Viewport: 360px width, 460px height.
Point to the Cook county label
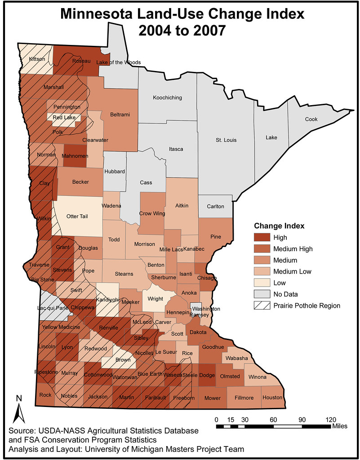(311, 119)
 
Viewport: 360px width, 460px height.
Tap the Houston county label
(272, 398)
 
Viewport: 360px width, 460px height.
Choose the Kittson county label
(37, 59)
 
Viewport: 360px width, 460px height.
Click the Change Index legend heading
(279, 226)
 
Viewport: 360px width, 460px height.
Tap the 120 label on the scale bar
(331, 419)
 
